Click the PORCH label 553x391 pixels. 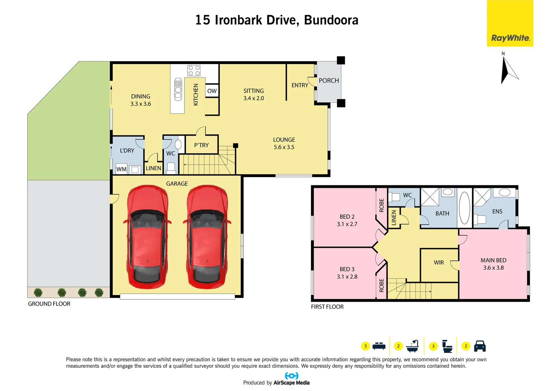[x=329, y=80]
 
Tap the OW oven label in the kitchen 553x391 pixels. [x=212, y=91]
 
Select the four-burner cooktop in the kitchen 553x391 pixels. [x=194, y=70]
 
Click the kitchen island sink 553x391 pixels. [x=178, y=89]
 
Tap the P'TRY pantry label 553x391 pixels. [x=201, y=145]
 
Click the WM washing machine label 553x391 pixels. [x=122, y=169]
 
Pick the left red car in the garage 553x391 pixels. [x=147, y=237]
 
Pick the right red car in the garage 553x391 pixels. [x=207, y=237]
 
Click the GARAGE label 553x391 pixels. [x=177, y=184]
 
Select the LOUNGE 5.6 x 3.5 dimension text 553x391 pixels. [x=284, y=147]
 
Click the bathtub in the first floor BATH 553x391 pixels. [x=464, y=208]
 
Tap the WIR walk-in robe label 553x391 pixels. [x=439, y=262]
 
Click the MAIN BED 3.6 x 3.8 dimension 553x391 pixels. [x=493, y=268]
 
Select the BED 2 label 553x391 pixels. [x=347, y=216]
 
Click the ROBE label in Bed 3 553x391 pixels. [x=382, y=285]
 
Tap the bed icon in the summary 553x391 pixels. [x=379, y=346]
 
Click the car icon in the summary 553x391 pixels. [x=480, y=346]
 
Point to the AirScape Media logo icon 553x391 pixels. [x=292, y=376]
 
